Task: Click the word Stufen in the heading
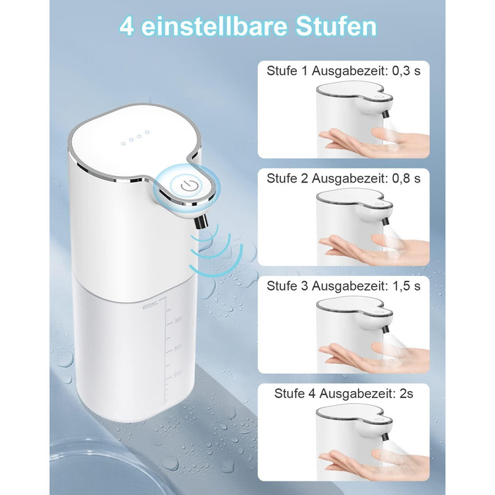point(336,26)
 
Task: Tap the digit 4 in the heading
point(127,27)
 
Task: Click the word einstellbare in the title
point(214,26)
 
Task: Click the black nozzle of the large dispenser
point(202,221)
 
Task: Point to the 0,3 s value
point(406,71)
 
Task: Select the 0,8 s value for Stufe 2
point(406,179)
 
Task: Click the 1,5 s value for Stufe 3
point(407,286)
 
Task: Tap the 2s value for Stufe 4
point(406,394)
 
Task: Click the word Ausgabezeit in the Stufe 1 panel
point(350,71)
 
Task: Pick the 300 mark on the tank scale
point(178,320)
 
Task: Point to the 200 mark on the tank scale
point(178,347)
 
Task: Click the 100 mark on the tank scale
point(178,374)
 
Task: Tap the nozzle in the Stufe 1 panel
point(385,113)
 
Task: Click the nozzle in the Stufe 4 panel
point(385,436)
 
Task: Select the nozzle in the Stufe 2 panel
point(385,221)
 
